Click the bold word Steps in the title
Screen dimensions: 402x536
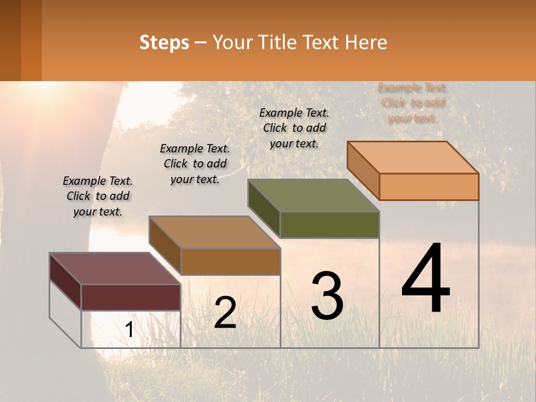(x=164, y=42)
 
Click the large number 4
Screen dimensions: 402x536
(x=426, y=279)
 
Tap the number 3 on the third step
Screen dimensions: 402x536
(x=327, y=296)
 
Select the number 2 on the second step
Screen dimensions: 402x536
(x=225, y=313)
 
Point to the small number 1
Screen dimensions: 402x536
(x=129, y=330)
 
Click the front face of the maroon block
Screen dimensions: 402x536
(x=131, y=297)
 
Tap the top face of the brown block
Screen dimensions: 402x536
(x=214, y=232)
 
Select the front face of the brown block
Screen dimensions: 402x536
(x=231, y=261)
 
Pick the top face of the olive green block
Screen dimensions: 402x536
(x=313, y=195)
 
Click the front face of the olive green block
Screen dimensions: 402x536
(x=329, y=224)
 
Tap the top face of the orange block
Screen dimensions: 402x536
(x=413, y=157)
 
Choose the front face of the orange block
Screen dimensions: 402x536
(x=429, y=186)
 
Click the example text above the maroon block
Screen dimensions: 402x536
(x=98, y=197)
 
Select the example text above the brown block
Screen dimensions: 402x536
(x=195, y=164)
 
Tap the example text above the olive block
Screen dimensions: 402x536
(x=294, y=128)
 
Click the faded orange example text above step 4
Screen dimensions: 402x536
(x=413, y=103)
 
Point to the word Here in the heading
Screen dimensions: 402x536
(x=367, y=42)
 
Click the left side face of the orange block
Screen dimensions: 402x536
(x=363, y=170)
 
